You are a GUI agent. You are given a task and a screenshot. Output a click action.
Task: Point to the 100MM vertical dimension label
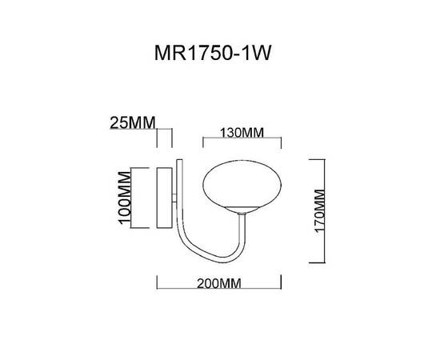[125, 197]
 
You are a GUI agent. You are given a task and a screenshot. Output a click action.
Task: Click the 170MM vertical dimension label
[318, 210]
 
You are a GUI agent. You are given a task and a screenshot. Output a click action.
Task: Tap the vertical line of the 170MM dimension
[324, 210]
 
